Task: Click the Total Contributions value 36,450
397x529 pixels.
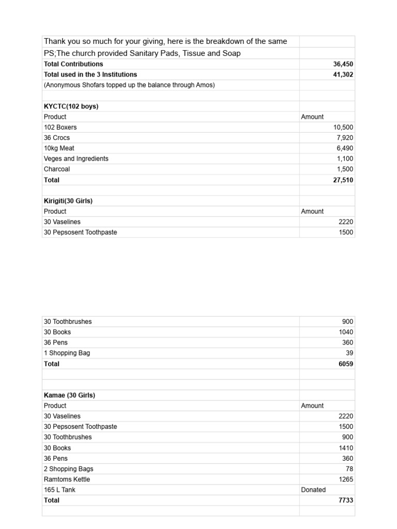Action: click(343, 64)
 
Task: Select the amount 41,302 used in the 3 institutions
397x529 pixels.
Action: click(343, 74)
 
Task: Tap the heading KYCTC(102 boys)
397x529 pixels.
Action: click(71, 106)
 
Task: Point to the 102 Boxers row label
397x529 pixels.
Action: click(60, 127)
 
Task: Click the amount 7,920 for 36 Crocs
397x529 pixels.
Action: click(345, 138)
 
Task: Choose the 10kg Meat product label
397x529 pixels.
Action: click(59, 148)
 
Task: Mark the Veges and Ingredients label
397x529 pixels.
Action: click(76, 159)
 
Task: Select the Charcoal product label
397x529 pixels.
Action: click(57, 169)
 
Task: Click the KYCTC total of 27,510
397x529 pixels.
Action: click(343, 180)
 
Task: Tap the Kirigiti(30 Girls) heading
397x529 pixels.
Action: click(68, 201)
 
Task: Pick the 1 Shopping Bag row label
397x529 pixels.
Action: click(67, 353)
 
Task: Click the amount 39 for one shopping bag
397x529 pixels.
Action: click(349, 353)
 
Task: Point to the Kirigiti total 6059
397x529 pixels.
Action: click(346, 364)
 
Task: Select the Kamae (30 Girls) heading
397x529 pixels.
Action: click(69, 395)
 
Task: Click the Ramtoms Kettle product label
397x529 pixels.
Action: click(67, 479)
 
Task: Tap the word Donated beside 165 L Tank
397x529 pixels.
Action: click(313, 490)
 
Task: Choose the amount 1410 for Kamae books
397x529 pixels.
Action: click(346, 448)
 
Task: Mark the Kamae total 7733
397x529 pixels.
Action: click(346, 500)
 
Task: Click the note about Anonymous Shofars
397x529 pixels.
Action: click(129, 85)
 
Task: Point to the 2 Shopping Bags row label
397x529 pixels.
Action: click(68, 469)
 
